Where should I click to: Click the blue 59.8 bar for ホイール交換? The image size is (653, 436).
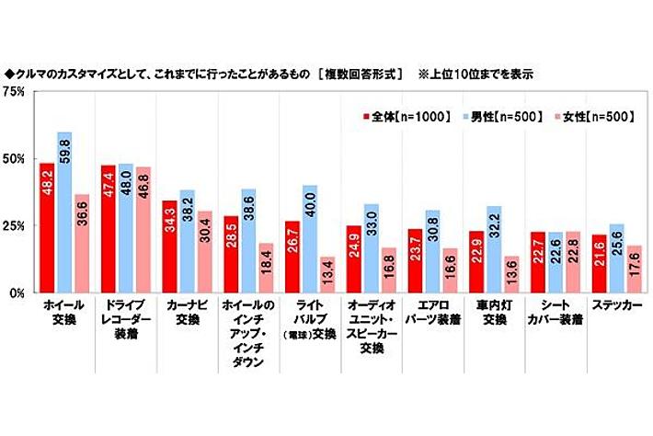[x=64, y=212]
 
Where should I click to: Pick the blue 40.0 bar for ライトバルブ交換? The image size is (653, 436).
[x=310, y=239]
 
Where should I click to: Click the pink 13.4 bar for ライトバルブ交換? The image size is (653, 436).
[x=326, y=274]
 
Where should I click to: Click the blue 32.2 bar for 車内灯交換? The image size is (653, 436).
[x=493, y=249]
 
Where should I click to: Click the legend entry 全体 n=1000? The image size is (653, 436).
[x=406, y=117]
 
